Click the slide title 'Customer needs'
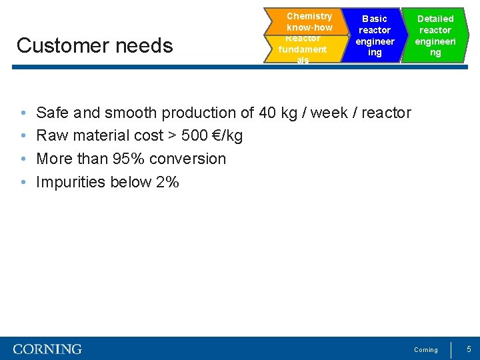(95, 45)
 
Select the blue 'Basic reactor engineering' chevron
(374, 35)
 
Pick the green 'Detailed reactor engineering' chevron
(435, 35)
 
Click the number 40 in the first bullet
(267, 113)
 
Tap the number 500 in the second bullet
(194, 136)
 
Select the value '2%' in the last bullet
(167, 182)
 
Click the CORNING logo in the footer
(47, 349)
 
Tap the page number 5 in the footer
(469, 349)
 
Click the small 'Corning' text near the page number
(426, 350)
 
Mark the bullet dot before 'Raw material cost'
(23, 136)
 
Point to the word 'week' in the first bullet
(329, 113)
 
